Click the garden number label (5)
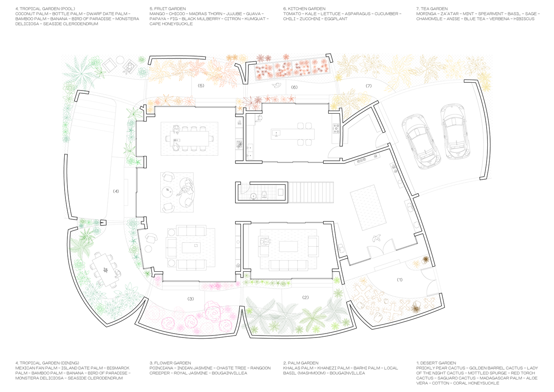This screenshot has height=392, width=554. (201, 85)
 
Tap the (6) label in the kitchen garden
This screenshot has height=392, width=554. (294, 87)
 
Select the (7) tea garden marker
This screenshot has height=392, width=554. (369, 86)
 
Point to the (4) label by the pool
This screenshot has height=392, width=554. (116, 191)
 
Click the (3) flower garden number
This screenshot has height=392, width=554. (190, 299)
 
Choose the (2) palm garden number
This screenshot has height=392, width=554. (306, 298)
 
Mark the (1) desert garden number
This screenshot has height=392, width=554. (400, 279)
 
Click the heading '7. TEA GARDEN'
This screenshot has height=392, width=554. (432, 9)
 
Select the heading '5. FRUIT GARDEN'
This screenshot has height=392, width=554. (167, 9)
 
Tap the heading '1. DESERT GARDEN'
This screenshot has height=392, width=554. (436, 363)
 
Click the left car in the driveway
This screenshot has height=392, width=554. (421, 142)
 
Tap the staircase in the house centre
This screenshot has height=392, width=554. (311, 192)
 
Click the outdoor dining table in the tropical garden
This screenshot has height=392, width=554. (105, 270)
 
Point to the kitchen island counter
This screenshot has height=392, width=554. (293, 134)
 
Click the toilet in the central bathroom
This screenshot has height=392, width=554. (264, 195)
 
